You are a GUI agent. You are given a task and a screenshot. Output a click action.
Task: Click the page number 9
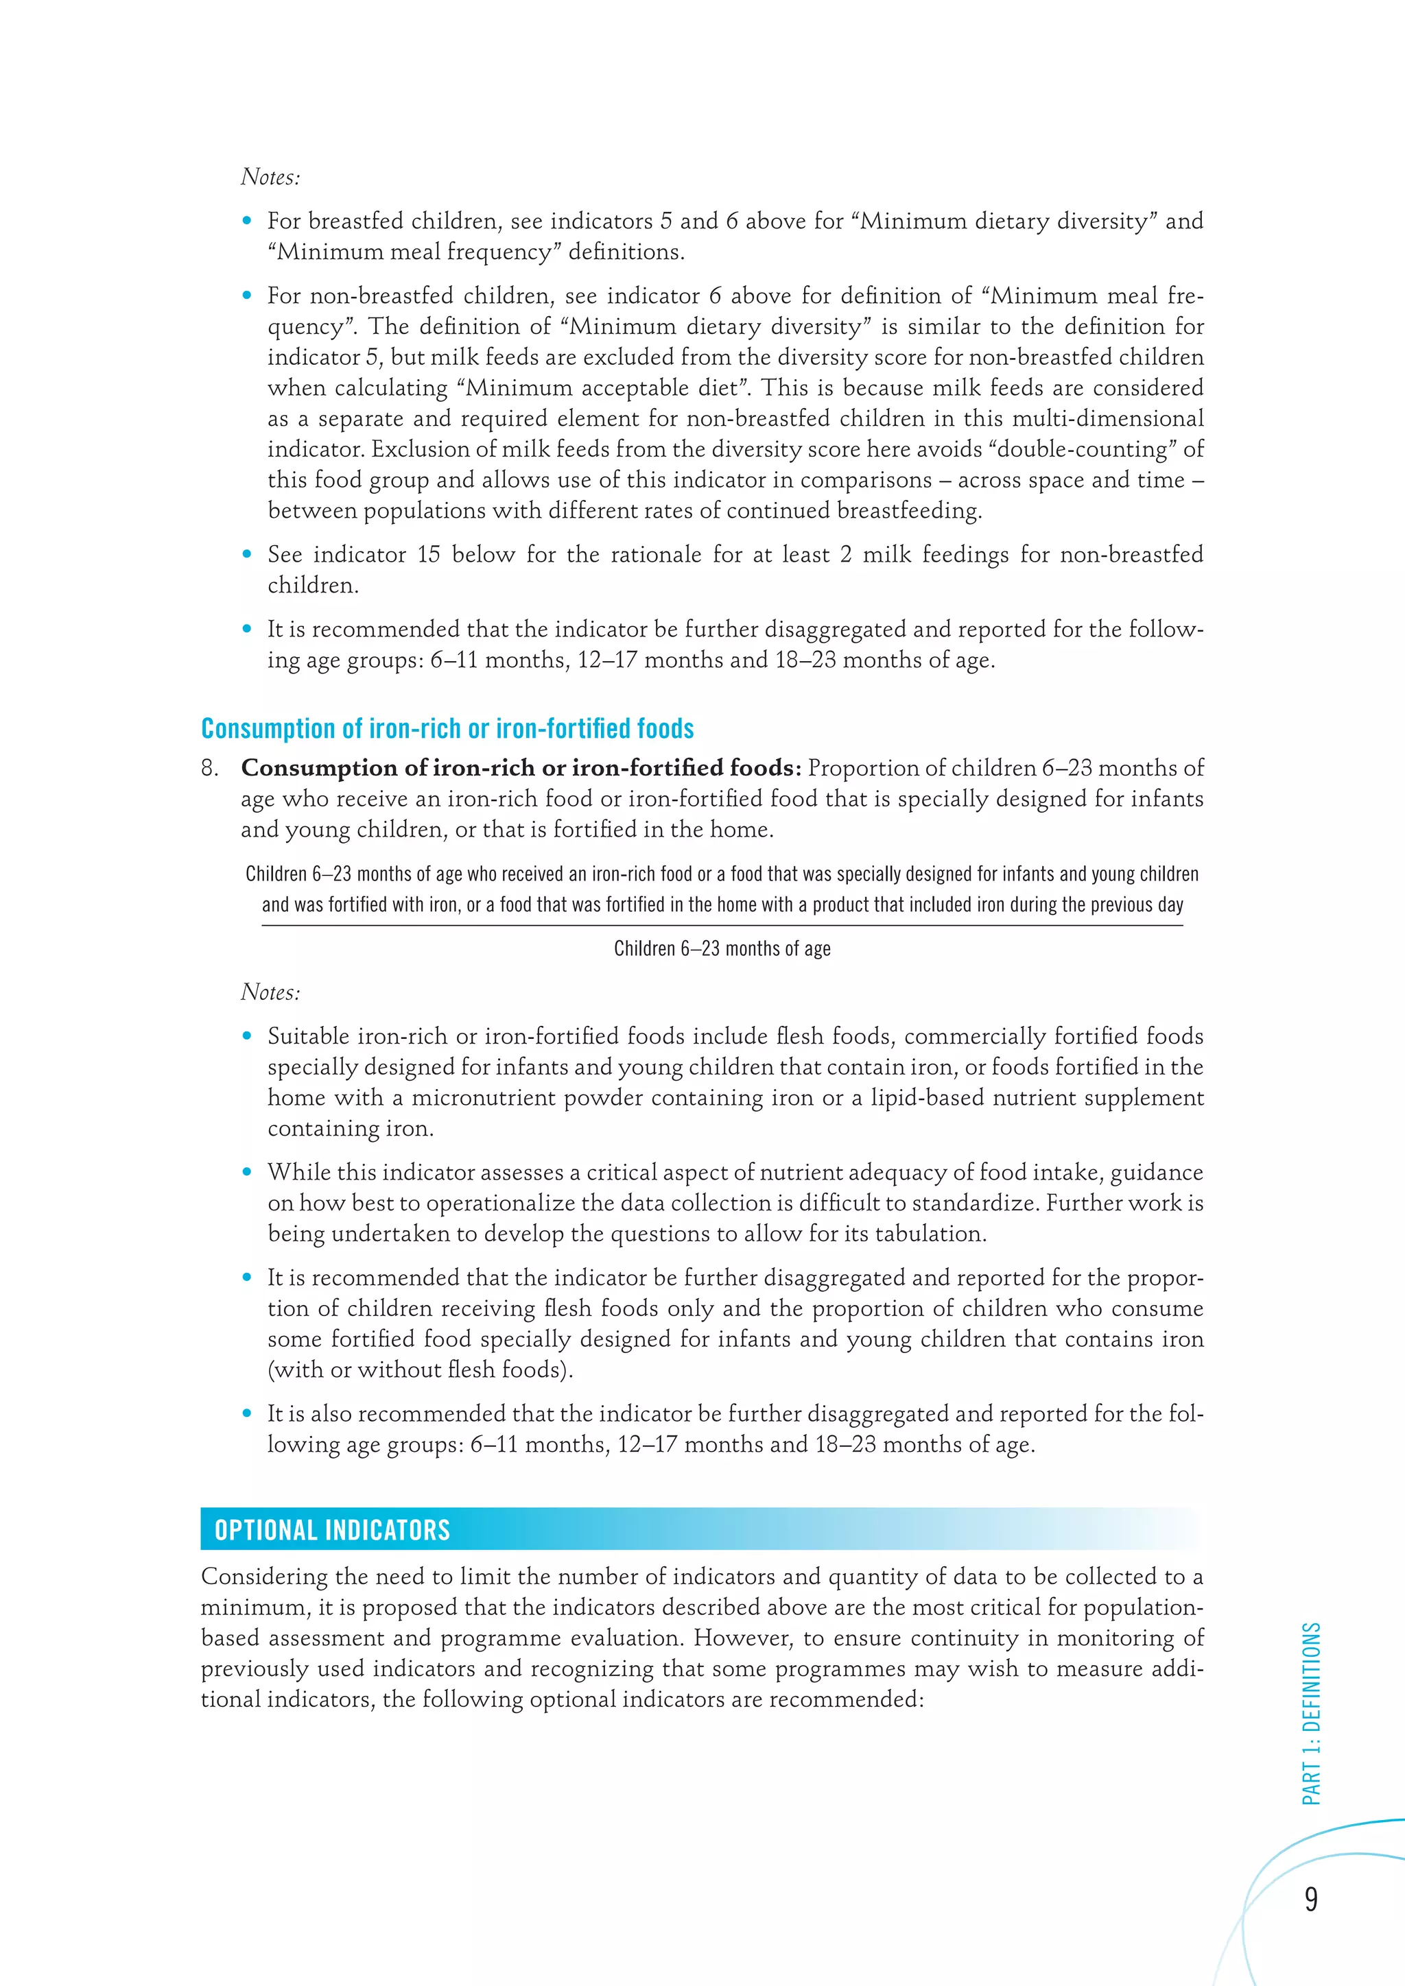point(1311,1899)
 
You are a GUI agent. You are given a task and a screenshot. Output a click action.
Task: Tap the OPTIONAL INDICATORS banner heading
point(332,1530)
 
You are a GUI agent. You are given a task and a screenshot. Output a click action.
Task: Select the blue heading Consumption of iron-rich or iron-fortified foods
point(447,728)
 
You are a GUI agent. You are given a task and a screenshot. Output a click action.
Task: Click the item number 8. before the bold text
point(210,768)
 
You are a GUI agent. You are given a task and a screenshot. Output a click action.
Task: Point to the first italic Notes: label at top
point(270,176)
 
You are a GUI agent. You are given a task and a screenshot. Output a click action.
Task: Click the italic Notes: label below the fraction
point(270,992)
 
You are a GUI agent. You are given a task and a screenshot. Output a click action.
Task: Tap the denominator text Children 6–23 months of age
point(722,949)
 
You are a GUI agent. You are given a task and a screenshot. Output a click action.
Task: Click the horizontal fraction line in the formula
point(722,926)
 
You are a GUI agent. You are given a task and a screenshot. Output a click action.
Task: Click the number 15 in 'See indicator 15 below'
point(428,555)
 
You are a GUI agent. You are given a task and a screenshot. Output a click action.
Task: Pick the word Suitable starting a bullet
point(307,1036)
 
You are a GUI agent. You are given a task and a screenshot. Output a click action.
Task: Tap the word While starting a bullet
point(295,1172)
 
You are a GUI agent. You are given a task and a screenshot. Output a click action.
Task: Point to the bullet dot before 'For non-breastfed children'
point(248,296)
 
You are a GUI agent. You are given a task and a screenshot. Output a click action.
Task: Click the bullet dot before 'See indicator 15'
point(248,555)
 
